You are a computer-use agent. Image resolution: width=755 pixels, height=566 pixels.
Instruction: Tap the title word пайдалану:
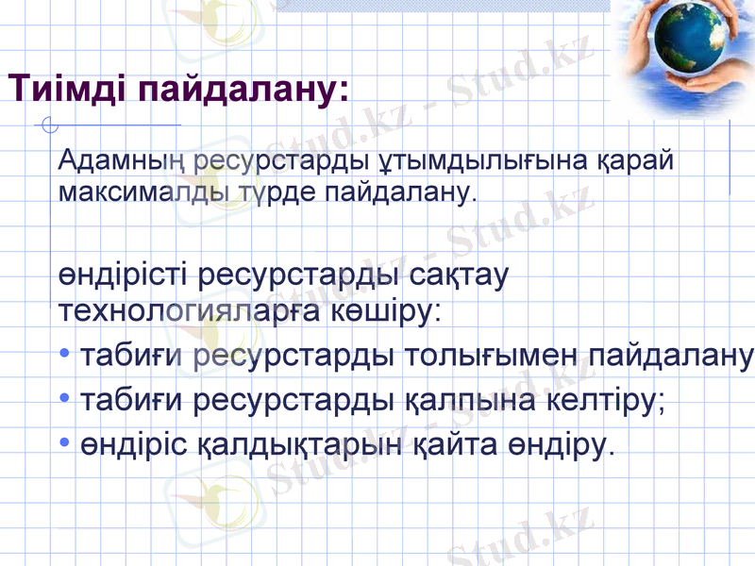(244, 90)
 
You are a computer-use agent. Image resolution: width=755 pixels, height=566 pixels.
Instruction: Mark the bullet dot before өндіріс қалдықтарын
(63, 441)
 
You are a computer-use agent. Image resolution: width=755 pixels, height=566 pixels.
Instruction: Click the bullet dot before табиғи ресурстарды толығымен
(63, 357)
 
